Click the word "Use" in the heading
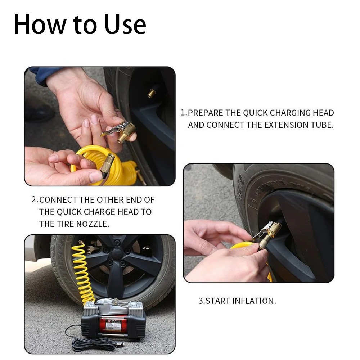[x=125, y=24]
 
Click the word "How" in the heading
[x=40, y=24]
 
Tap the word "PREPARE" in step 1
[x=205, y=113]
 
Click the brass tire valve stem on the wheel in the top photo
[x=152, y=93]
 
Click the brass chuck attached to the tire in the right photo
[x=268, y=234]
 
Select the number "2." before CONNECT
[x=35, y=200]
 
